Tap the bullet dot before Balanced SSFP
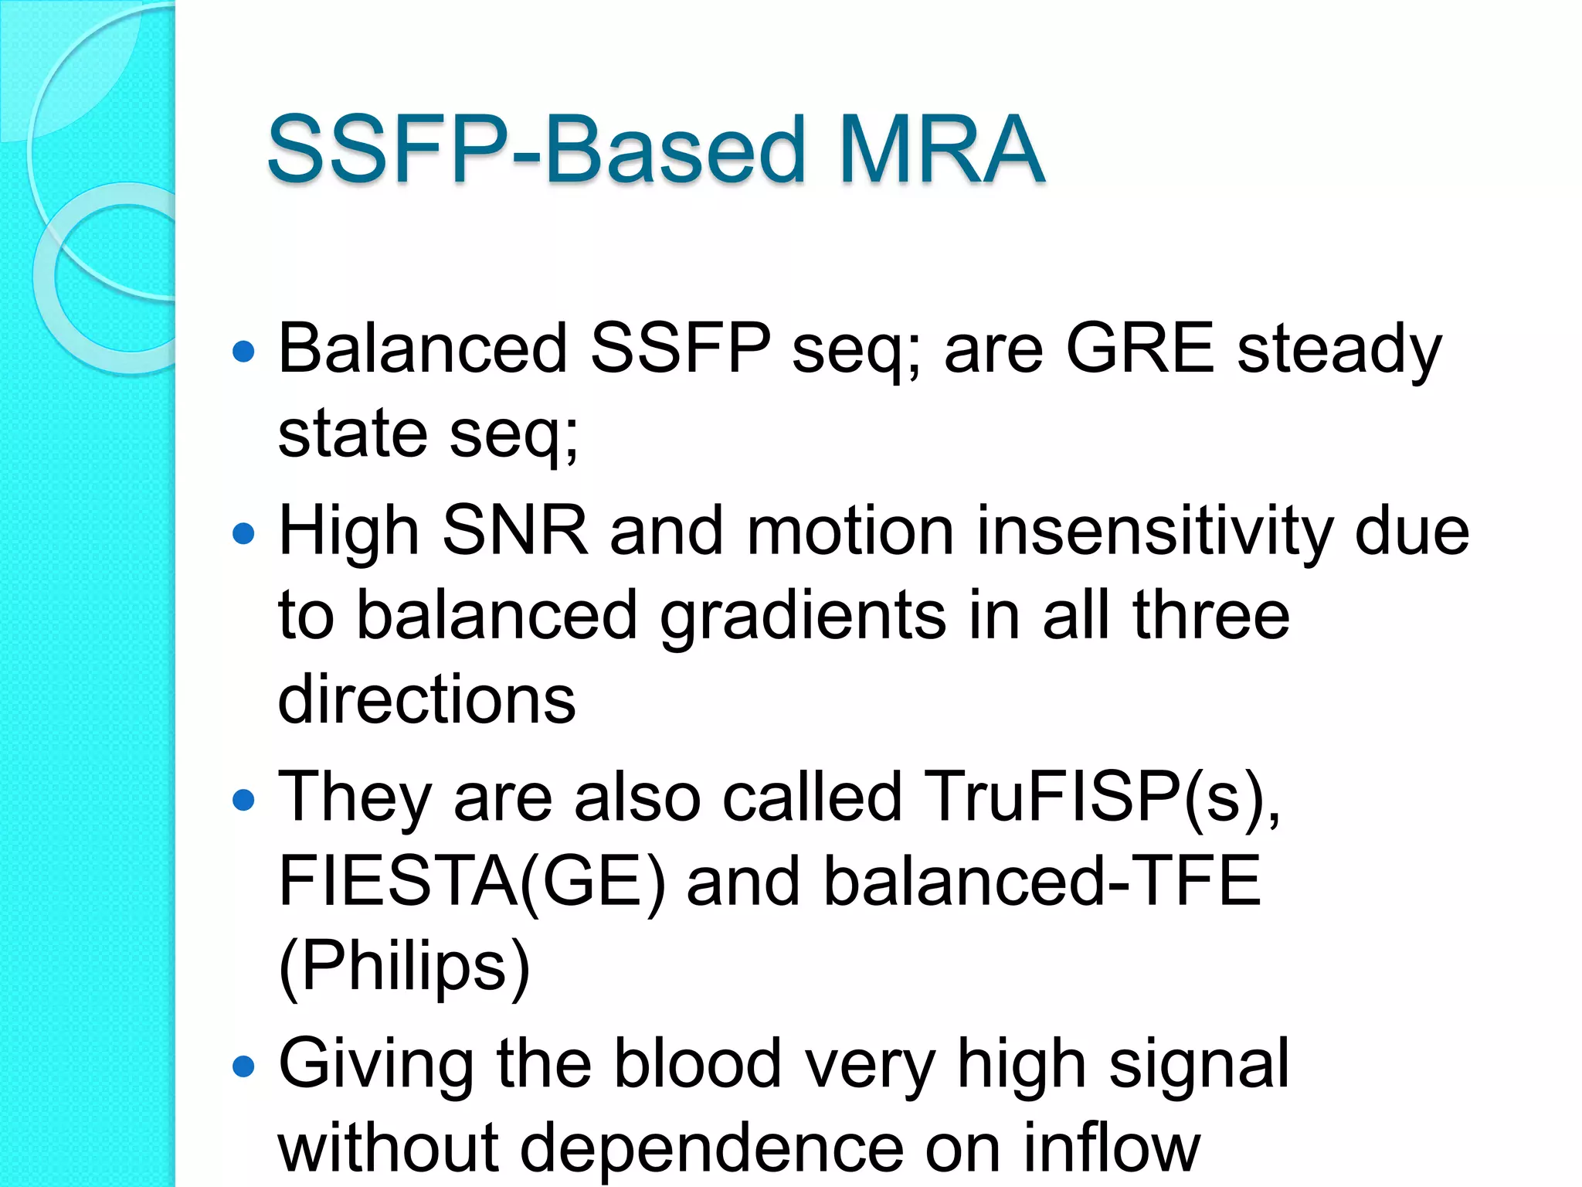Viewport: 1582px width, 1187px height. click(x=243, y=352)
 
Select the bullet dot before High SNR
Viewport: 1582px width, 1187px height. click(x=243, y=533)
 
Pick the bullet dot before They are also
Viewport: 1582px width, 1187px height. click(x=243, y=800)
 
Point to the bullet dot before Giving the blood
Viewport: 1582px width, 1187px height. click(x=243, y=1066)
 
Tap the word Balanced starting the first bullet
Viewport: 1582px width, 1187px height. click(x=423, y=349)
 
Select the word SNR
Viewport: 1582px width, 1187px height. click(x=514, y=532)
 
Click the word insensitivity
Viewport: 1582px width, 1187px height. click(x=1154, y=532)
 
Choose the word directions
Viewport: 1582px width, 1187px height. click(x=426, y=699)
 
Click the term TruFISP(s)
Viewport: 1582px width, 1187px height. click(x=1101, y=798)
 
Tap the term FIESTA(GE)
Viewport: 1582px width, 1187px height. click(x=471, y=882)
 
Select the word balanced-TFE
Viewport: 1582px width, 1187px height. click(x=1041, y=882)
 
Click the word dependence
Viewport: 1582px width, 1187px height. click(x=711, y=1149)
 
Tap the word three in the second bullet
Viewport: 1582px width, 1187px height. click(x=1210, y=616)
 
